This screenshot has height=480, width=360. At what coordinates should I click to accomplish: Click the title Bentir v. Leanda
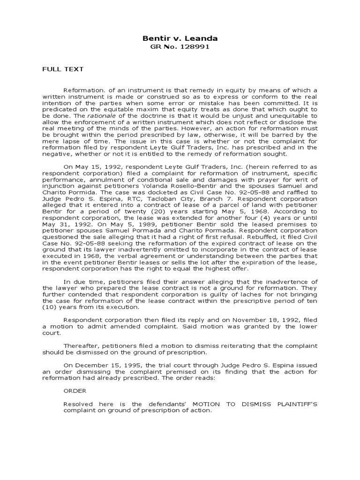tap(180, 38)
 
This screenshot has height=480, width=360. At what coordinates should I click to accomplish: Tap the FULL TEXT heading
tap(63, 69)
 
